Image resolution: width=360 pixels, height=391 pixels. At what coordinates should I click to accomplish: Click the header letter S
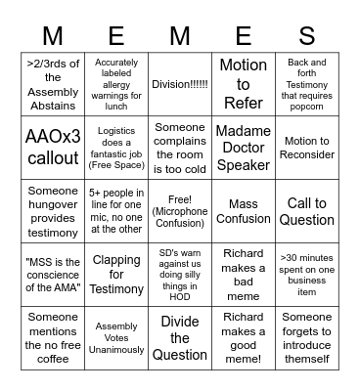pyautogui.click(x=306, y=36)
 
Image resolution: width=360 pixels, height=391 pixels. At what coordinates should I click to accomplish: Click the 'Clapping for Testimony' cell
pyautogui.click(x=116, y=274)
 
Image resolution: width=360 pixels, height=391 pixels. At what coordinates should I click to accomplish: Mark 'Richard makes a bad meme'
pyautogui.click(x=243, y=274)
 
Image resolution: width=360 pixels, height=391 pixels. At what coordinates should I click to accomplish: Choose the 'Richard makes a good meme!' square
pyautogui.click(x=243, y=337)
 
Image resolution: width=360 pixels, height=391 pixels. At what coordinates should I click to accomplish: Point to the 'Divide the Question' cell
pyautogui.click(x=180, y=337)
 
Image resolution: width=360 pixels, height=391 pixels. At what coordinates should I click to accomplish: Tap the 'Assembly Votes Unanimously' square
pyautogui.click(x=116, y=337)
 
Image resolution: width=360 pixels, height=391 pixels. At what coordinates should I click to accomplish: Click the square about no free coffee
pyautogui.click(x=53, y=337)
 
